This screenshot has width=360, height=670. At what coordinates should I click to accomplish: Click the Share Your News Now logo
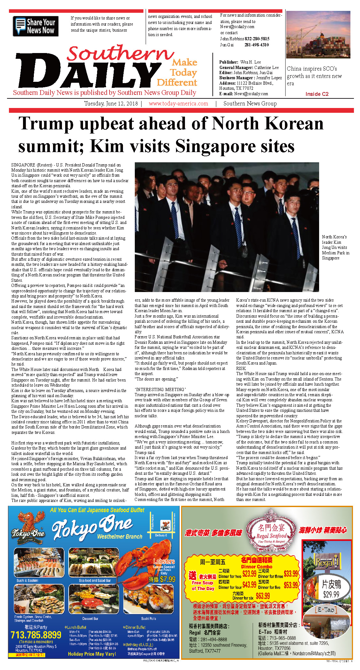(35, 26)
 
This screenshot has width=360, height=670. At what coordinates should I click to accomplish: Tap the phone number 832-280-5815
(257, 39)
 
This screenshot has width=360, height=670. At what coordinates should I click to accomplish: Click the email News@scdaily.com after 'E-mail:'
(251, 94)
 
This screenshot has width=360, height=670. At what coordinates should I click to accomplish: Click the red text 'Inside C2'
(317, 94)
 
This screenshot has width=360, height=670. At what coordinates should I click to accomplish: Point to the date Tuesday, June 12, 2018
(111, 104)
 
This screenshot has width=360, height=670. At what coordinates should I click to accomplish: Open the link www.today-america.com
(178, 104)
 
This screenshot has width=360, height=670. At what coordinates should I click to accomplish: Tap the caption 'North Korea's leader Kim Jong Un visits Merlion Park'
(335, 247)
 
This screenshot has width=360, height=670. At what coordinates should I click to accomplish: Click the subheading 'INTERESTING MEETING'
(160, 389)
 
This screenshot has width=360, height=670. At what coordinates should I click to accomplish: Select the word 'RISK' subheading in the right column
(241, 368)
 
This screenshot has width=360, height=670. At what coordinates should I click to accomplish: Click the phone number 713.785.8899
(36, 635)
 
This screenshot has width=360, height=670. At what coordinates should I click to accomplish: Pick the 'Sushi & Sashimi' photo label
(27, 580)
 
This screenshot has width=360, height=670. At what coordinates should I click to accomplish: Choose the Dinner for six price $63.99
(263, 596)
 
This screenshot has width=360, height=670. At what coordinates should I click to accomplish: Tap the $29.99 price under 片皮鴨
(331, 595)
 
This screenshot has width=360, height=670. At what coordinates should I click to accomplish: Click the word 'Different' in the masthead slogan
(177, 83)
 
